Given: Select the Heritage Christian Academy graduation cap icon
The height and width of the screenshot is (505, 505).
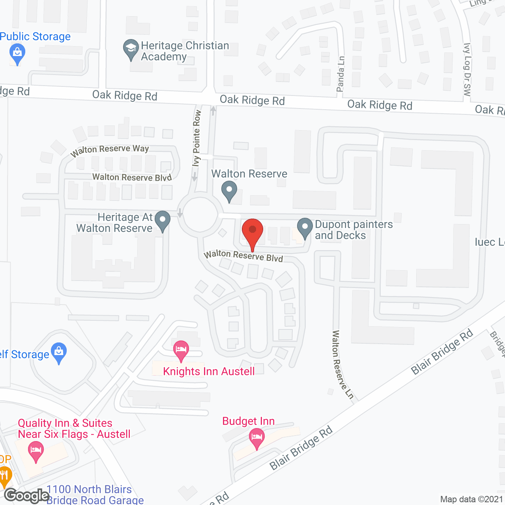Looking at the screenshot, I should click(x=131, y=49).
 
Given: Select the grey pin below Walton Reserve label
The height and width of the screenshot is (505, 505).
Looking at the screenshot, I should click(x=229, y=191).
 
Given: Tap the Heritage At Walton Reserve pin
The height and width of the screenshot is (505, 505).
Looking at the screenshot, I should click(x=162, y=221).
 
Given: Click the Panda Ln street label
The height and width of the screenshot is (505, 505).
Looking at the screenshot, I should click(x=340, y=74).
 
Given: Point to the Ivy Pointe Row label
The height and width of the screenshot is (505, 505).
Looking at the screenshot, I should click(x=196, y=138).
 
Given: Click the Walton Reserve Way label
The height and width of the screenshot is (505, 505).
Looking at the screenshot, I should click(x=110, y=150).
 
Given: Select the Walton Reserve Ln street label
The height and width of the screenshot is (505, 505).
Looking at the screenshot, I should click(x=342, y=365).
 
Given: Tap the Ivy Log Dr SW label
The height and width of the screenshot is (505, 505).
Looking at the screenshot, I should click(x=467, y=70).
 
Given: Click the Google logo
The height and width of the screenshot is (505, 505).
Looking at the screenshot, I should click(x=26, y=496).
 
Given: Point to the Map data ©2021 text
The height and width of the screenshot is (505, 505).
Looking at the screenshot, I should click(x=471, y=499).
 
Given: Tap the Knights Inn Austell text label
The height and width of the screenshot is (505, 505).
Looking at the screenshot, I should click(x=209, y=371).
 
